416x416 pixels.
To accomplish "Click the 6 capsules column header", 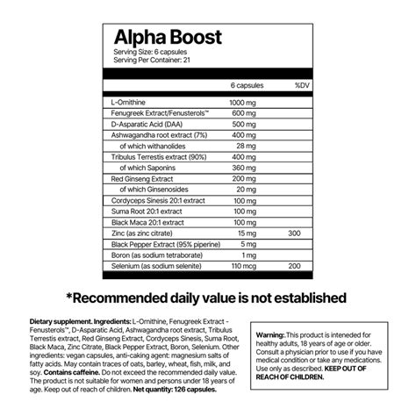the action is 245,87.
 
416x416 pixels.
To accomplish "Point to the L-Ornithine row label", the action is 127,103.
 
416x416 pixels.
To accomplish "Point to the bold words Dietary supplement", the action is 57,320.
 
